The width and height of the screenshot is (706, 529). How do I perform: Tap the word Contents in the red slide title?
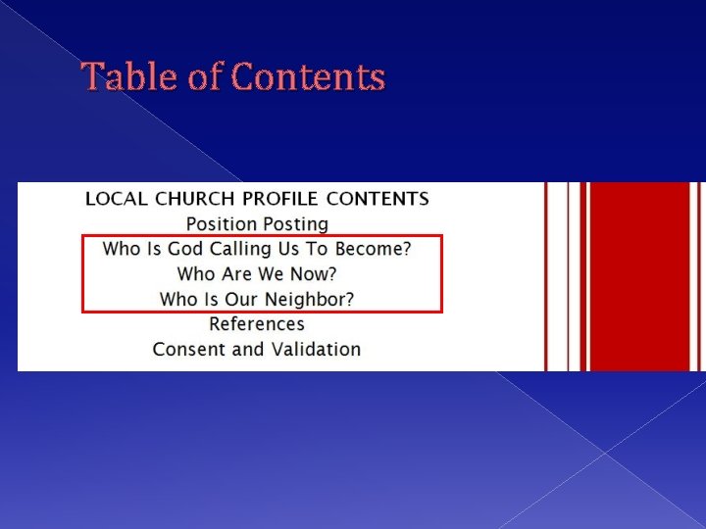(310, 76)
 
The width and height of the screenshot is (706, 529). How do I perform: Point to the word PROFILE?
(282, 199)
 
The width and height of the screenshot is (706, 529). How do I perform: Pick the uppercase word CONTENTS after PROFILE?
(378, 199)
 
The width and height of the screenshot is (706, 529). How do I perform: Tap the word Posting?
(293, 224)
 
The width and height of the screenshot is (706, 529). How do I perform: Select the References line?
(257, 324)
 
